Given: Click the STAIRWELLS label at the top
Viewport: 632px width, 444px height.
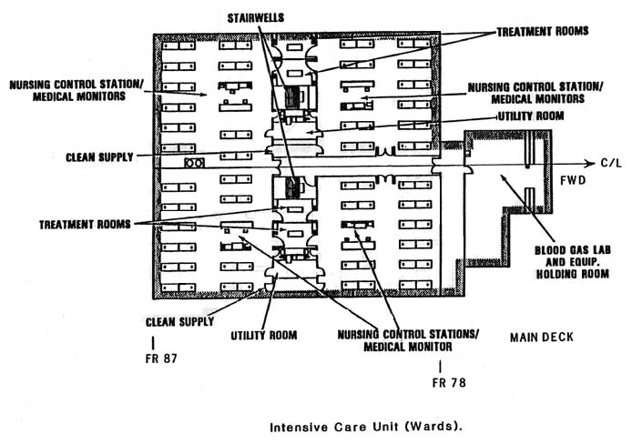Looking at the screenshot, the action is pos(256,18).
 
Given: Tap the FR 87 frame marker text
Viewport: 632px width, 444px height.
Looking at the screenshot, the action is pos(161,358).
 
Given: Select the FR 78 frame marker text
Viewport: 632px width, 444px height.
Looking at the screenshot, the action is pos(449,382).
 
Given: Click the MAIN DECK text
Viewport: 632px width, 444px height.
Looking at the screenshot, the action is pos(541,337).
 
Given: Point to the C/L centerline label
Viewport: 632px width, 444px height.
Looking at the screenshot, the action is pos(611,163).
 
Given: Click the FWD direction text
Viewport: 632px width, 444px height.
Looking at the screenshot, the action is pos(573,180).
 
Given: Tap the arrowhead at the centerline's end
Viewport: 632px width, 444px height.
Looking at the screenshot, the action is pos(590,163).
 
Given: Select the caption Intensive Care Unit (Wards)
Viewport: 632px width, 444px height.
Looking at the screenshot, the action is pos(366,427).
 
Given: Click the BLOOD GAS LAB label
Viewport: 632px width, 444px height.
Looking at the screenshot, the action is pos(572,250).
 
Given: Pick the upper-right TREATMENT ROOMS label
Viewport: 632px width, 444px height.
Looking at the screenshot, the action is pos(543,32).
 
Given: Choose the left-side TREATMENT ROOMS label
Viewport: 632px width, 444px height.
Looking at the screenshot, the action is pos(85,224).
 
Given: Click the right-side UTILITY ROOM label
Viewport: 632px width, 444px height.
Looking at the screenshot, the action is pos(531,116).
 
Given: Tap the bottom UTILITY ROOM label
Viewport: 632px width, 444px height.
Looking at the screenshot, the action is pos(263,335).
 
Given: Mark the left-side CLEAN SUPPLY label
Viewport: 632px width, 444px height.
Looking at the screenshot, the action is pos(99,157).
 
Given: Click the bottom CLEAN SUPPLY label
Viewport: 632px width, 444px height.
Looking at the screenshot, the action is pos(179,322).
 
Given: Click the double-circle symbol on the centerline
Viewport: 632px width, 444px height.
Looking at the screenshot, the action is pos(194,163).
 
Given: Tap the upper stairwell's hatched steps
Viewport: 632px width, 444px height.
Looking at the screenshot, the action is pos(293,97).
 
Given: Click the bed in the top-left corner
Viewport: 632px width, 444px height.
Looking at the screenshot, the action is pos(178,45).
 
